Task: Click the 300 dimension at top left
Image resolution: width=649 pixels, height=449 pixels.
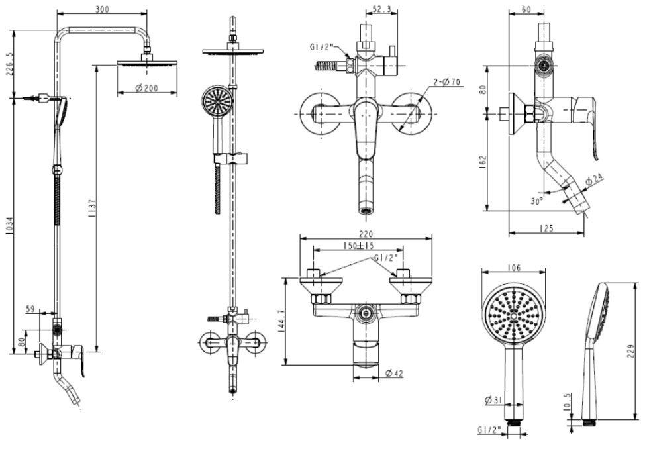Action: [101, 9]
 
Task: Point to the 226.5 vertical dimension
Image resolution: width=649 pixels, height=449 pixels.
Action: [9, 64]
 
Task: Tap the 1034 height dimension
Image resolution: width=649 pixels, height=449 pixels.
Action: [9, 226]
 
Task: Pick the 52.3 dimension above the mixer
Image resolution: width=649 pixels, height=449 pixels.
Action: [381, 9]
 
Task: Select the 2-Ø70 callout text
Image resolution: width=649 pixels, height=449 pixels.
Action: [448, 82]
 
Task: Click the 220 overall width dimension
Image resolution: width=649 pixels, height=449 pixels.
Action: [366, 234]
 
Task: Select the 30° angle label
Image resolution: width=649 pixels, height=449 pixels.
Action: [537, 199]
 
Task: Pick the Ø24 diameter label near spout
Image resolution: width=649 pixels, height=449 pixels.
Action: [594, 179]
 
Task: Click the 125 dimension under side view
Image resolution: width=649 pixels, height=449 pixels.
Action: [546, 228]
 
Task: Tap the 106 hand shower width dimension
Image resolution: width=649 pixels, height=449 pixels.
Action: [515, 268]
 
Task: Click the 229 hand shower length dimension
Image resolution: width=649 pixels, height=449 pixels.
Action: [636, 349]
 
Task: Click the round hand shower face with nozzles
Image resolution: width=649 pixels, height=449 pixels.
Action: [514, 316]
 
